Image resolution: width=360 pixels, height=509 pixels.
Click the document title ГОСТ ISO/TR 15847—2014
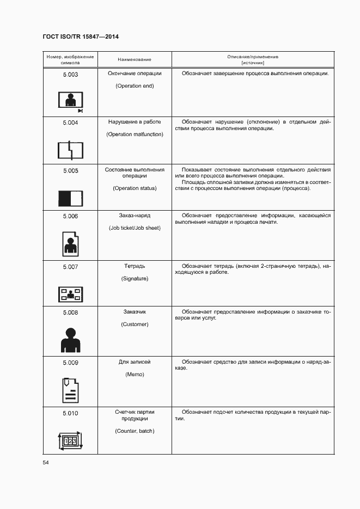tap(80, 37)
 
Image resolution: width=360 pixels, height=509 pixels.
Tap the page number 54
tap(46, 462)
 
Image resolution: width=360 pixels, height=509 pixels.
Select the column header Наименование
tap(135, 59)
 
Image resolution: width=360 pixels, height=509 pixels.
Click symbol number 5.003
tap(70, 74)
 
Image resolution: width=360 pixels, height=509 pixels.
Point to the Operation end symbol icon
tap(70, 101)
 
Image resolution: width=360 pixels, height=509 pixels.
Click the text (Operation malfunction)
tap(135, 134)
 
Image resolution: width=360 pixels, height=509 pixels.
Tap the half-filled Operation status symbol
tap(70, 197)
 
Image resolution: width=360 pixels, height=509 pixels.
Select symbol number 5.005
tap(70, 170)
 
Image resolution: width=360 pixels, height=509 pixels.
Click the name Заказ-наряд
tap(135, 216)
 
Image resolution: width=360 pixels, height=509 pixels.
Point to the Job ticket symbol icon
tap(70, 243)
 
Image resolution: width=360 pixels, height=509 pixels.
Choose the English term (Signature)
tap(135, 279)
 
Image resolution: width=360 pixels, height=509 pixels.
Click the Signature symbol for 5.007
tap(70, 295)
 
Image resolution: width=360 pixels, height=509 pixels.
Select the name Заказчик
tap(135, 312)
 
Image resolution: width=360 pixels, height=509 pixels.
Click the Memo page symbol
tap(70, 390)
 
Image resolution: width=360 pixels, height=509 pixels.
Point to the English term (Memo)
tap(135, 375)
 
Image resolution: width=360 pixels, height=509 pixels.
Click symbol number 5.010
tap(70, 414)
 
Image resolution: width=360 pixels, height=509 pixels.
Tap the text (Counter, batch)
tap(135, 431)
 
